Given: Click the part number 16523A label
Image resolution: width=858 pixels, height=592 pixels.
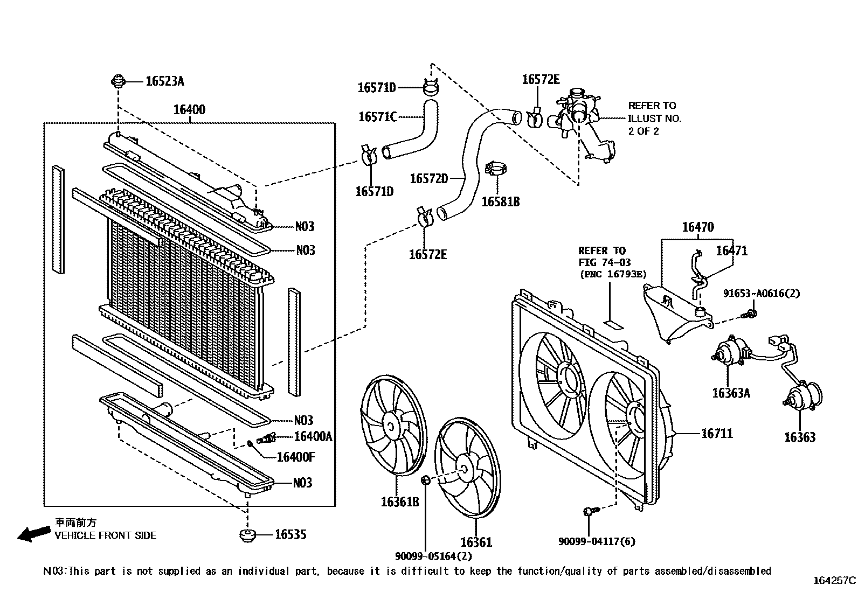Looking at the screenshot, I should click(164, 81).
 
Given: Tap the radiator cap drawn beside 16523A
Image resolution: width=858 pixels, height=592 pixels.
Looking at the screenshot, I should click(117, 82).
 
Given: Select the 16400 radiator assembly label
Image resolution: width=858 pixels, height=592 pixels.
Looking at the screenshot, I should click(189, 110).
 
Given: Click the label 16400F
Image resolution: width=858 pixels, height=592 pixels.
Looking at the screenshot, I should click(295, 457).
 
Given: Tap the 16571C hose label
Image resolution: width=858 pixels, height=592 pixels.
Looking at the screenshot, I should click(377, 116).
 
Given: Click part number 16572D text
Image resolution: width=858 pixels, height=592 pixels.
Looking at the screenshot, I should click(428, 178).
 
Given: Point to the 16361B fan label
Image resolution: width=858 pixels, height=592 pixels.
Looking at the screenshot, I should click(400, 502).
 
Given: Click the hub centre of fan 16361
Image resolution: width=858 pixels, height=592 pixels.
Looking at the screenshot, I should click(465, 470).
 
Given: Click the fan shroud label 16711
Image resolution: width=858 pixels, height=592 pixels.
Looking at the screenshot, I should click(717, 433).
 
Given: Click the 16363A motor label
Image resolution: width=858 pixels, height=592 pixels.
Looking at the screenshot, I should click(731, 393).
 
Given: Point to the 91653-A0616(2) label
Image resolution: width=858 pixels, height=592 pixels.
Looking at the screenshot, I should click(761, 294).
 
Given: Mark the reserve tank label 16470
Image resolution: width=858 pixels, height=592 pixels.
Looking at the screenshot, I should click(698, 227).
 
